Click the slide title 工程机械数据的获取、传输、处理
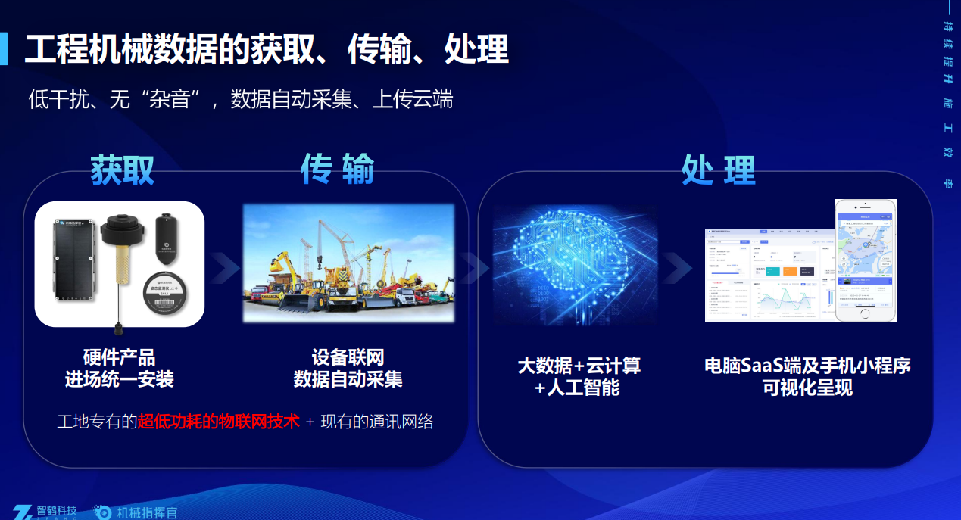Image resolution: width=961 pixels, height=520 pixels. (x=266, y=50)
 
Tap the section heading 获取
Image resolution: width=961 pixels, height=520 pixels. (x=123, y=170)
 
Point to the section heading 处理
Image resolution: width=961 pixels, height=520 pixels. (x=718, y=170)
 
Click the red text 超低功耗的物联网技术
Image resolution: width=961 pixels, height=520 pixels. (x=218, y=422)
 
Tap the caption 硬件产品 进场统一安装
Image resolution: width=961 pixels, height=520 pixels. (x=120, y=368)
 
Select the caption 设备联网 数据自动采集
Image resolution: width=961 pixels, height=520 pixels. (x=348, y=368)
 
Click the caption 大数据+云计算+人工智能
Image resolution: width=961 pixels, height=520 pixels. (x=579, y=376)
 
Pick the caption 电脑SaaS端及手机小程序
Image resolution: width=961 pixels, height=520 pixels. (x=807, y=366)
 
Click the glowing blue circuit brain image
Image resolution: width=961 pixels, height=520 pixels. (x=576, y=265)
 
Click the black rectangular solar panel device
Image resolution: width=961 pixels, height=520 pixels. (x=73, y=265)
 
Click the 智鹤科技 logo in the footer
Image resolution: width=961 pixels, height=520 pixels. (x=45, y=512)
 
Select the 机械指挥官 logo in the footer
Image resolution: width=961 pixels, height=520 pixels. (x=136, y=512)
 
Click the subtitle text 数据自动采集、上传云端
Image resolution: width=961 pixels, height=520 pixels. (x=341, y=99)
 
